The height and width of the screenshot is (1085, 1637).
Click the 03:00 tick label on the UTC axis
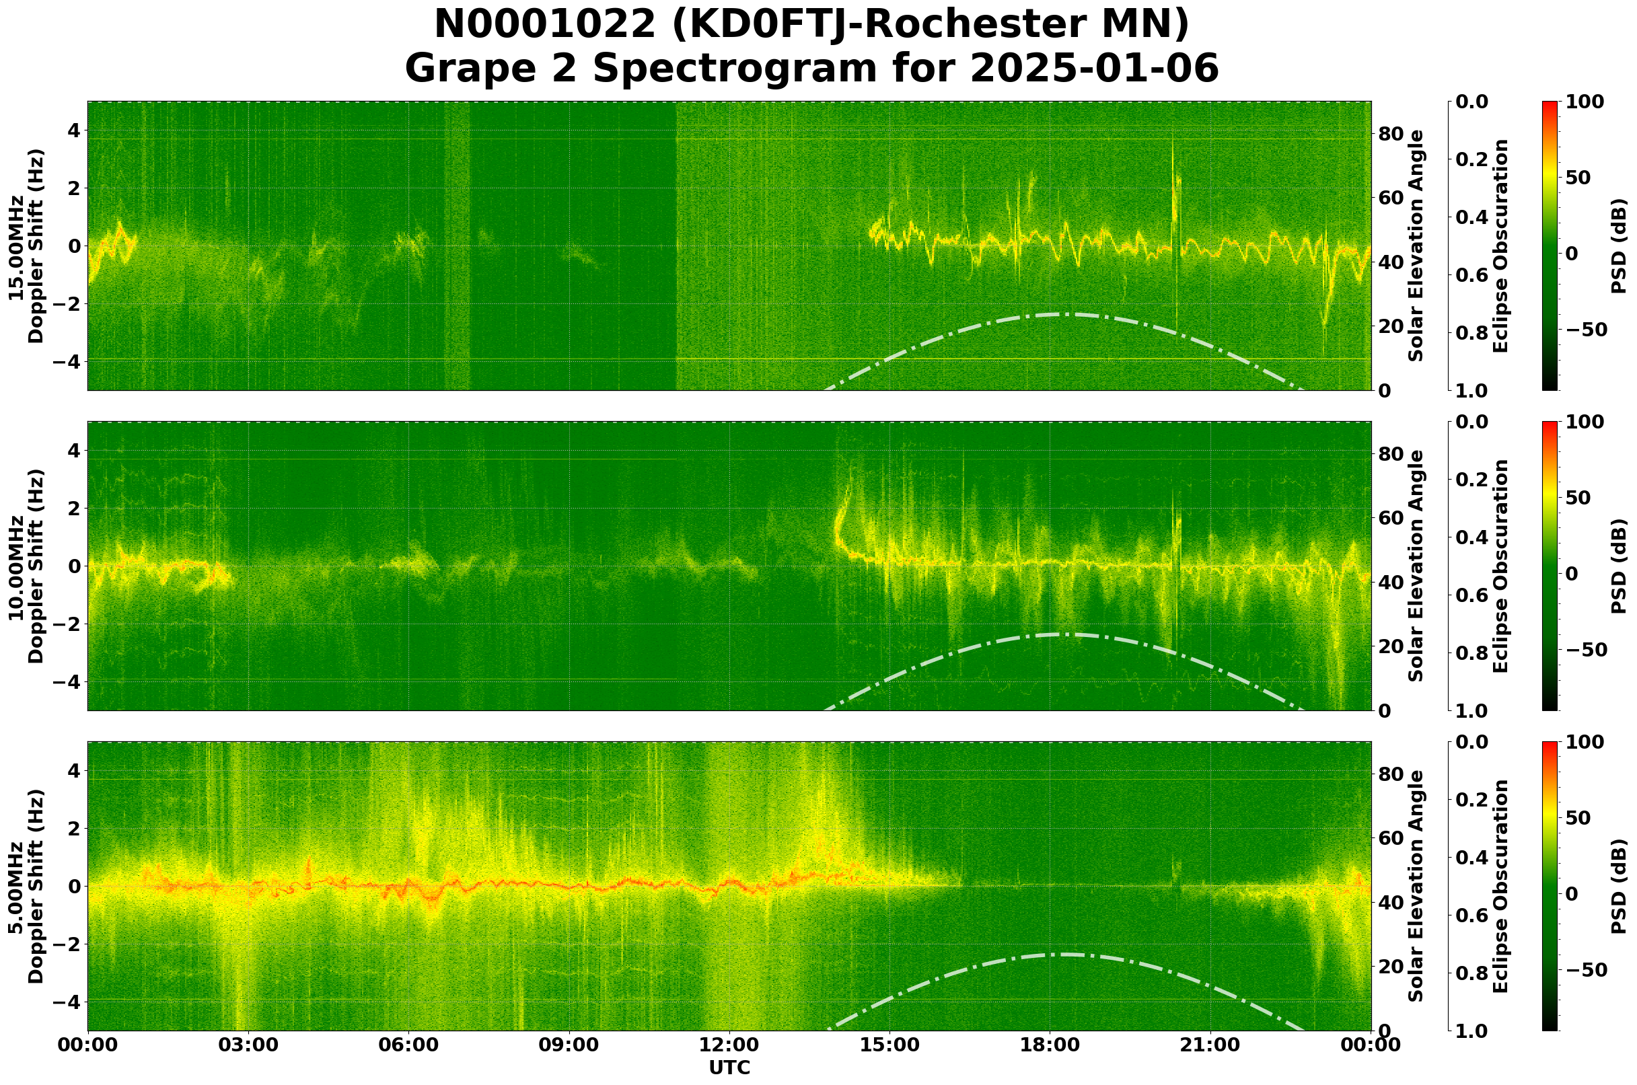point(248,1044)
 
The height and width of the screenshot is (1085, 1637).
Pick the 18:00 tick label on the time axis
point(1050,1044)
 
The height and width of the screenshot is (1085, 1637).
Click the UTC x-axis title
point(729,1068)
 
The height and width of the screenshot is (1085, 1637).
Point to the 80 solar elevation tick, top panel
point(1391,134)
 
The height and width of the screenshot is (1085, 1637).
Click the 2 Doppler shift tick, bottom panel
point(74,828)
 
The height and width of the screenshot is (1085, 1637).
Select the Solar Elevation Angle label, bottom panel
point(1416,887)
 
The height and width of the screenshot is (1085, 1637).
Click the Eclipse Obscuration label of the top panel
point(1500,247)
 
